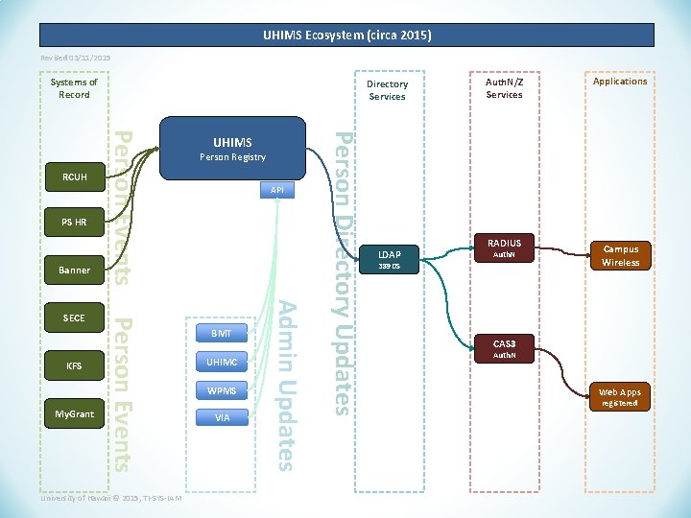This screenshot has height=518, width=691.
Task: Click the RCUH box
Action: [x=74, y=177]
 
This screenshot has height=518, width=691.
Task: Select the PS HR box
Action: [x=74, y=223]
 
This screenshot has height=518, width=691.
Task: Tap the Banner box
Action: [x=74, y=271]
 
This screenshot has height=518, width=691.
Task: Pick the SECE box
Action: [x=74, y=318]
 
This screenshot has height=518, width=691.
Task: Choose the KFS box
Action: [x=74, y=365]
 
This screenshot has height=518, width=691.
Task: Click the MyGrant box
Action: [x=74, y=413]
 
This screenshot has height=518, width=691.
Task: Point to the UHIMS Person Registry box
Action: [x=232, y=149]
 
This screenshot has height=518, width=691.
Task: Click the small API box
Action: [x=277, y=191]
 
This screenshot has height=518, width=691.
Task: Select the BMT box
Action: [x=222, y=334]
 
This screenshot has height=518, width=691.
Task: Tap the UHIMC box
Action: [x=222, y=362]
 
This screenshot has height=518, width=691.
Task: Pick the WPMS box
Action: [x=222, y=390]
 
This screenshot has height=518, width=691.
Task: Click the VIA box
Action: [x=222, y=418]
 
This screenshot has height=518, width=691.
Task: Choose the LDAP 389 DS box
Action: [x=390, y=259]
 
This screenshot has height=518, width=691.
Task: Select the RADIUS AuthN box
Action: [x=504, y=248]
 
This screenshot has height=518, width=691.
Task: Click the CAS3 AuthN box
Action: [x=504, y=348]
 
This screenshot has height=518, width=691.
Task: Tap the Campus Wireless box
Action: [x=620, y=255]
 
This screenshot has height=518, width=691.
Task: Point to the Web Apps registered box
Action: [x=620, y=397]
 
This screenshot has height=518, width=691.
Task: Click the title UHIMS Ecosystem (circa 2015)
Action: [x=346, y=35]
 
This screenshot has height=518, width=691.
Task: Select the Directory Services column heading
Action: [x=388, y=90]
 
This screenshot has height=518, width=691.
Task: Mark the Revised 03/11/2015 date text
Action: [x=76, y=59]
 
